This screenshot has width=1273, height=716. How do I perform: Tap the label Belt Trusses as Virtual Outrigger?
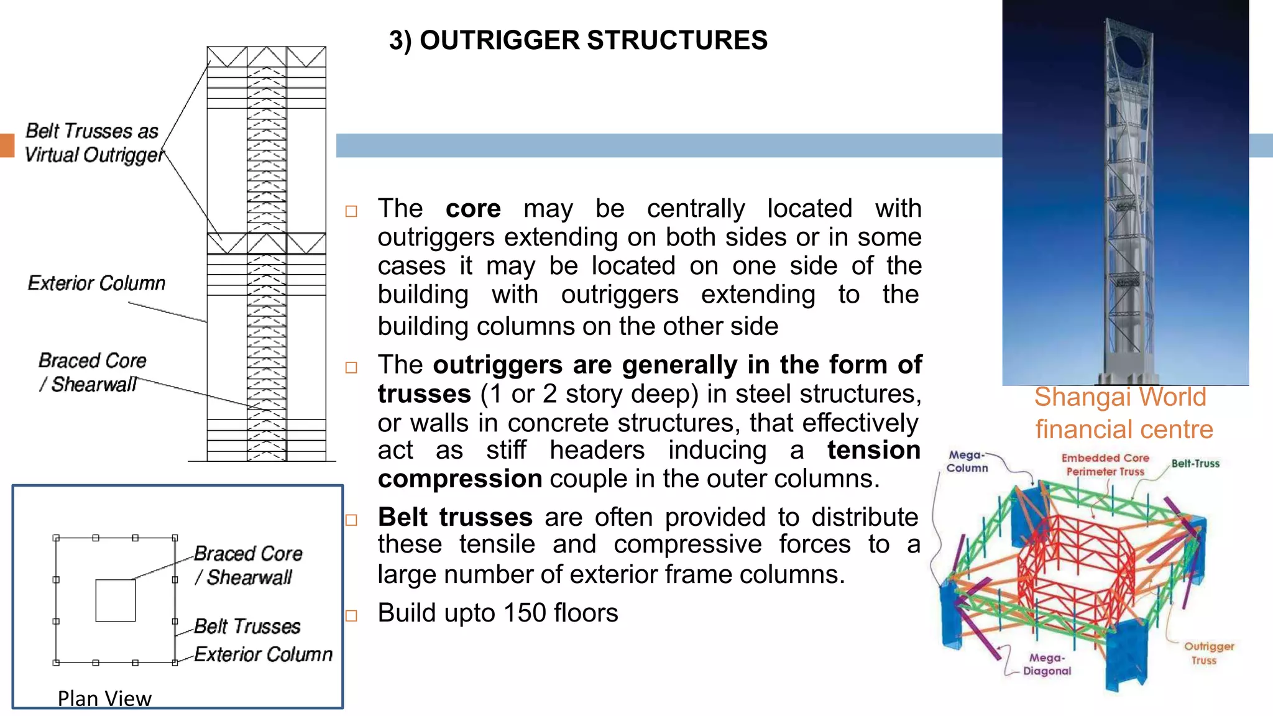click(93, 143)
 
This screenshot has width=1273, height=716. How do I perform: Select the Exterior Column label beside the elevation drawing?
click(97, 283)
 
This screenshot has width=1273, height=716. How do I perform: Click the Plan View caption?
click(104, 699)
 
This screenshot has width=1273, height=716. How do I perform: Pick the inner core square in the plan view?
click(116, 600)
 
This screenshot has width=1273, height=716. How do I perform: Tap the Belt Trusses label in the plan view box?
click(247, 626)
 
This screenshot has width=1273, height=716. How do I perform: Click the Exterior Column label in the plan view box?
click(263, 654)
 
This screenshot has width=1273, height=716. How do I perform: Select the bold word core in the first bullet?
click(472, 209)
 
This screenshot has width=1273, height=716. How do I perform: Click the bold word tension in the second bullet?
click(873, 450)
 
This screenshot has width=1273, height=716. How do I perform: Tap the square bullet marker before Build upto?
click(352, 615)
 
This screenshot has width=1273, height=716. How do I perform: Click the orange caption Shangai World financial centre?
click(1123, 413)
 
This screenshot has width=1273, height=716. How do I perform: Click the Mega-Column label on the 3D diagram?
click(967, 462)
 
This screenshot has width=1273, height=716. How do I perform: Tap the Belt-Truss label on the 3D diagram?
click(1195, 464)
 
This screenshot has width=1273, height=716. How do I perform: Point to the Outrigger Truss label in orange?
click(1208, 653)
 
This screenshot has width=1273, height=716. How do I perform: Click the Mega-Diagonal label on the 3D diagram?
click(1047, 664)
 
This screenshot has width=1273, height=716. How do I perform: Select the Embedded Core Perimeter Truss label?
click(1105, 465)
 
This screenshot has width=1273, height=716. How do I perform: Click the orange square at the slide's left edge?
click(7, 145)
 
